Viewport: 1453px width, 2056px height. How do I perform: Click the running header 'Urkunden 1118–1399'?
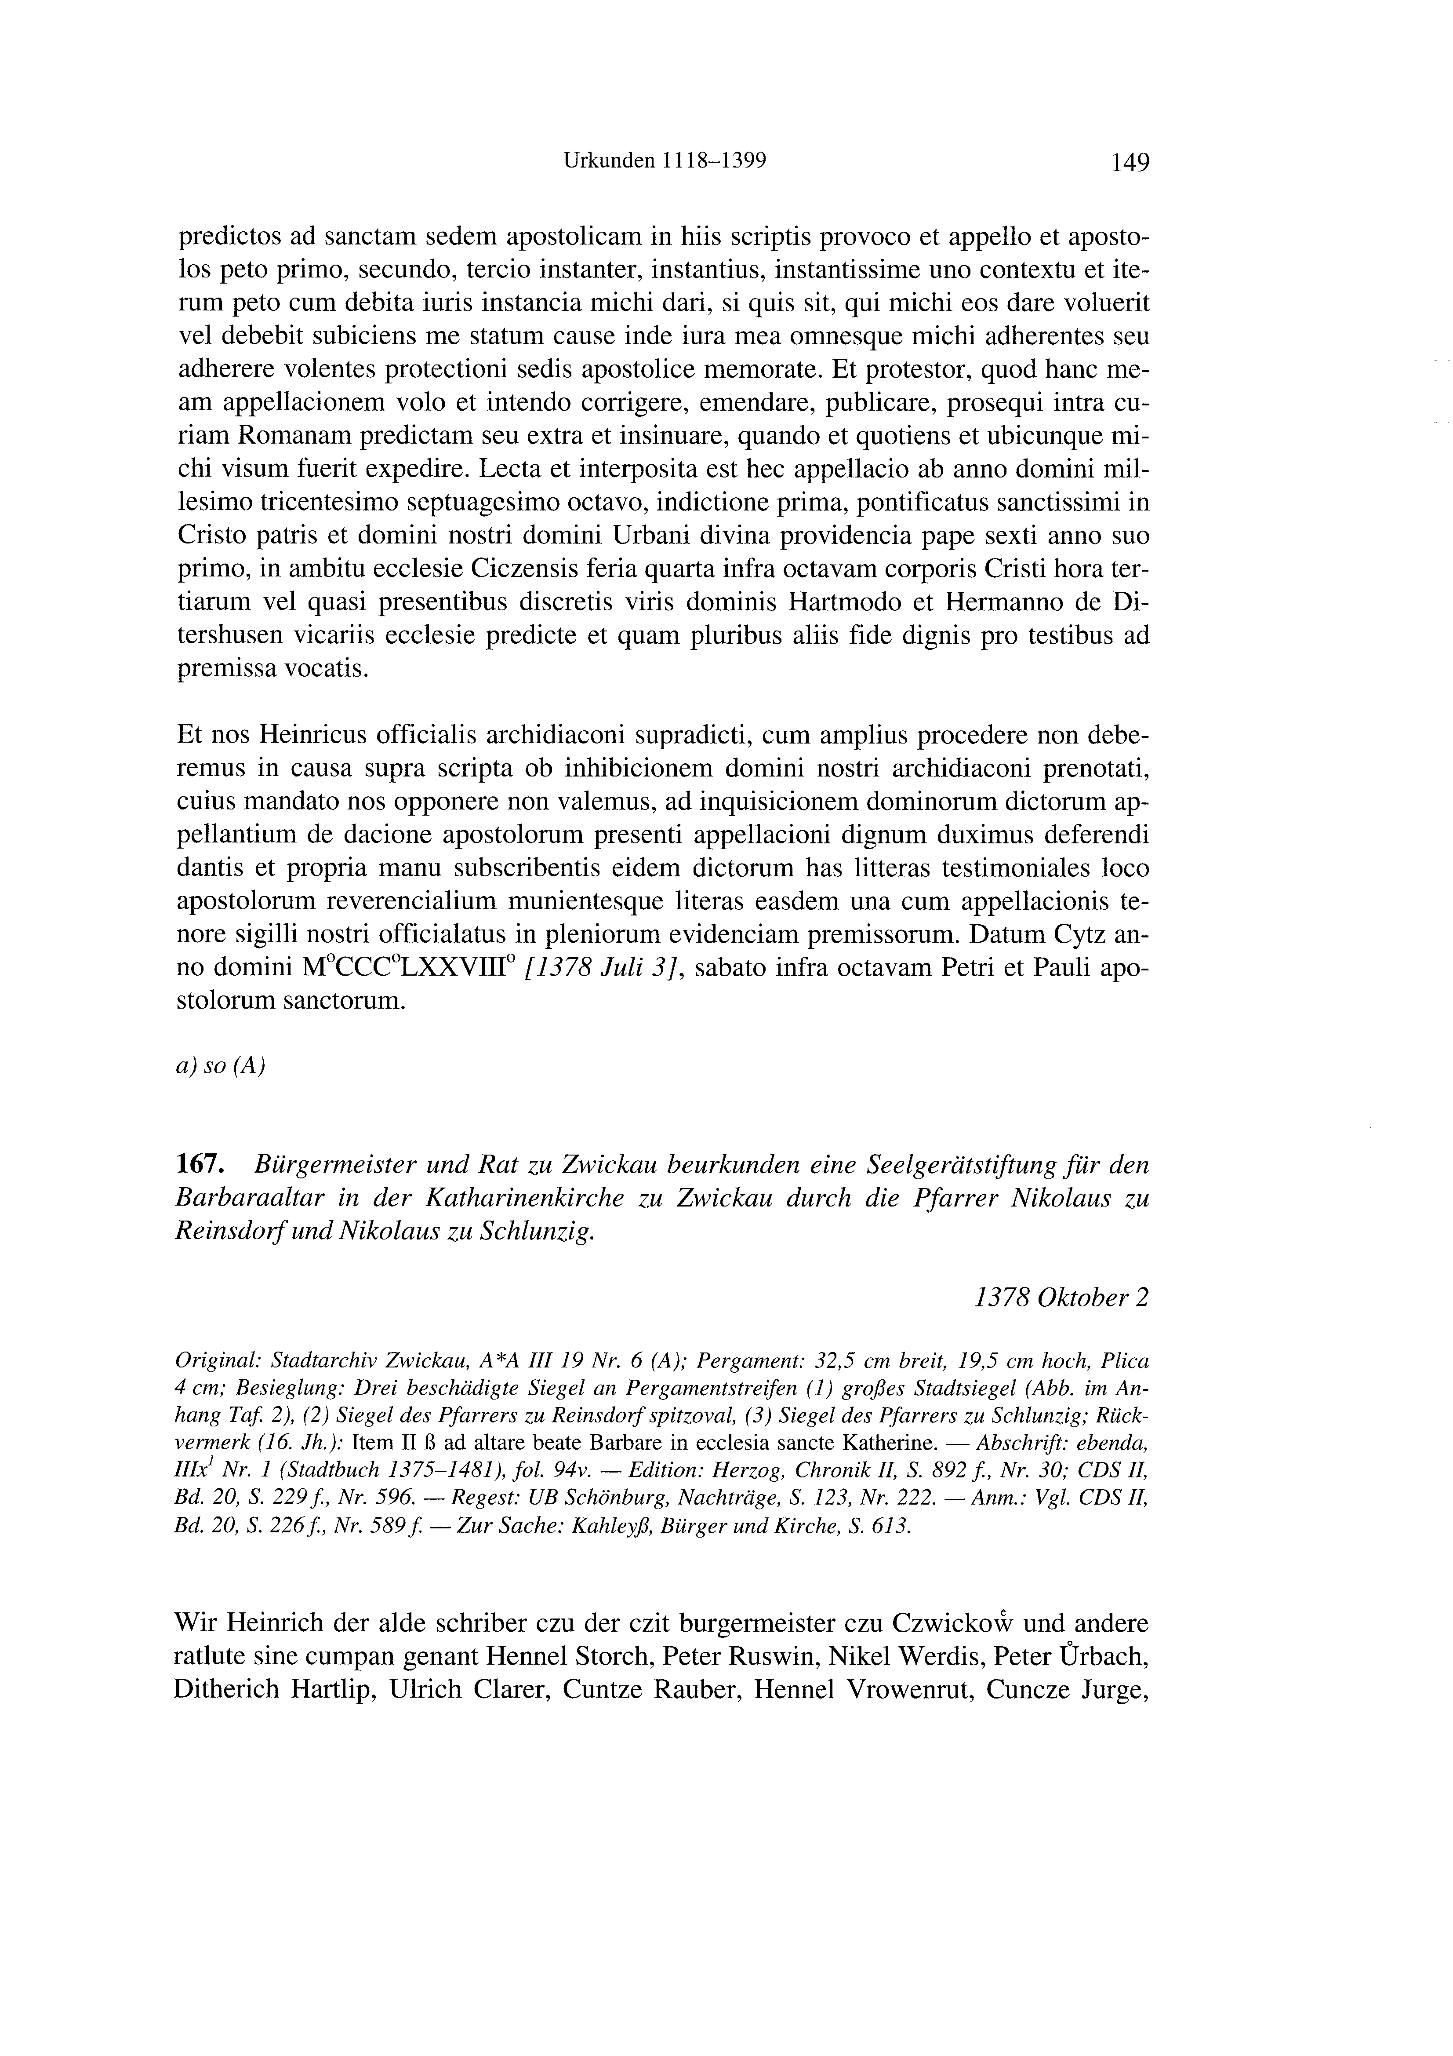click(665, 161)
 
